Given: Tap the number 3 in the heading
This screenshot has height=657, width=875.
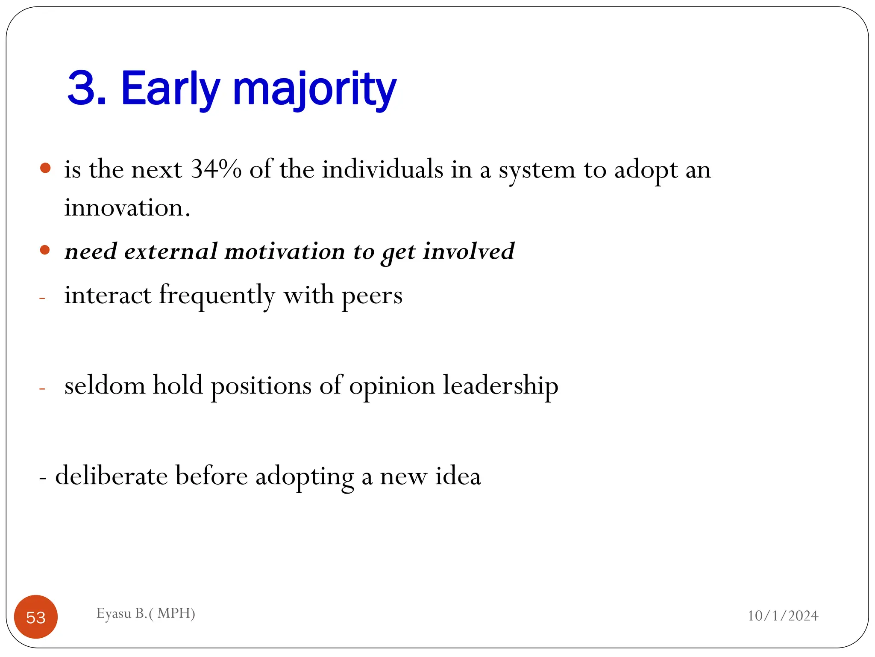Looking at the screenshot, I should [x=81, y=88].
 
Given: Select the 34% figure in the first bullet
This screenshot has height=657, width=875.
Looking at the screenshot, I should [x=216, y=169].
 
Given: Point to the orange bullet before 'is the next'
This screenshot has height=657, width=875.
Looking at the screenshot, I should [x=45, y=168].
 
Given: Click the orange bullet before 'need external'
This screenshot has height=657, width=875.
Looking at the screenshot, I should [x=45, y=250].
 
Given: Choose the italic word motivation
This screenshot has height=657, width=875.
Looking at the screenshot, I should [x=285, y=251].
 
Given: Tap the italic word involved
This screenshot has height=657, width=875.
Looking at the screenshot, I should [x=469, y=251].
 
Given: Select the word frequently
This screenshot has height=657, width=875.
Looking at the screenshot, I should [x=217, y=296].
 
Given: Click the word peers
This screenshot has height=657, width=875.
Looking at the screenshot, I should [x=372, y=296].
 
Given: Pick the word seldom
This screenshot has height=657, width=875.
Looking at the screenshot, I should [x=105, y=386].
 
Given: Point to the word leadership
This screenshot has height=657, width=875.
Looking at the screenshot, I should [x=500, y=386].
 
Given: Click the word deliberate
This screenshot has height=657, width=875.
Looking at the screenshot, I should [x=112, y=476].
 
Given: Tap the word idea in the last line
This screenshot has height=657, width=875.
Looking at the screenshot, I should [x=458, y=476].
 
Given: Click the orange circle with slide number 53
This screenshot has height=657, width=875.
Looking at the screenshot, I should [x=36, y=617].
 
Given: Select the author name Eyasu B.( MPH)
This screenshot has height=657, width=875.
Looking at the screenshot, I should [x=146, y=613].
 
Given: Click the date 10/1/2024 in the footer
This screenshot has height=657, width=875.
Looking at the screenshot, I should [x=783, y=616].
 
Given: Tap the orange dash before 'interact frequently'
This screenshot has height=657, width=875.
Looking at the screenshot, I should [x=42, y=298].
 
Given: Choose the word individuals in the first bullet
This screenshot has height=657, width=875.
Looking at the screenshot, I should [x=382, y=169].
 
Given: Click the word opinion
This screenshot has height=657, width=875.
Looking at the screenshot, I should [x=392, y=386].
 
